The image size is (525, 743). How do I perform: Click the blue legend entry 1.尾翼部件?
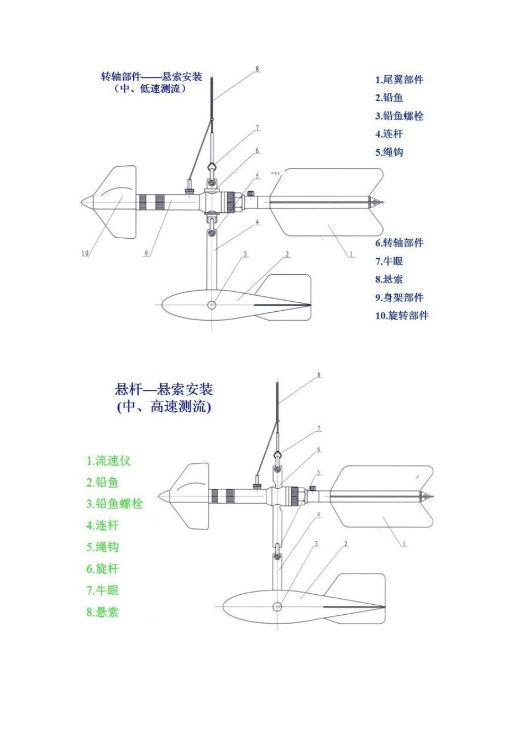[399, 80]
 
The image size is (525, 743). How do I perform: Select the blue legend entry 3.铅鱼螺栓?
[399, 116]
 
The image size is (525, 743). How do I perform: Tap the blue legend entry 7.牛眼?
[389, 261]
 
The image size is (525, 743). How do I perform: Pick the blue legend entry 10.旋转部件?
[402, 316]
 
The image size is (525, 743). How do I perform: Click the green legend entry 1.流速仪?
[108, 461]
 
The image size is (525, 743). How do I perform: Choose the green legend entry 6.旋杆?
[102, 569]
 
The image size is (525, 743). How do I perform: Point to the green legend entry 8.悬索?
[102, 612]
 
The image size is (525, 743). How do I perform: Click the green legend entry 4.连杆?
[102, 526]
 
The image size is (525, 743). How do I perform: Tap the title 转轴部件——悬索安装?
[151, 76]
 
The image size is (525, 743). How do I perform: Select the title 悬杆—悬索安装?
[164, 389]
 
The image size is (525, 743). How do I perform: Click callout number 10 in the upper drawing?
[85, 254]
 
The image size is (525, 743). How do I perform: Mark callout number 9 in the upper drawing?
[146, 254]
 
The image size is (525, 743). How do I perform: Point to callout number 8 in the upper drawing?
[257, 70]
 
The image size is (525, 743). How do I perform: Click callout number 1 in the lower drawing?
[404, 544]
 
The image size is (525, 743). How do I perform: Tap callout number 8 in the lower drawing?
[319, 375]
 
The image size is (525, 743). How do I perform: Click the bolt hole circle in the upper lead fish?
[212, 305]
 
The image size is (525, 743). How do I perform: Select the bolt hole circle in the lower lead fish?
[277, 607]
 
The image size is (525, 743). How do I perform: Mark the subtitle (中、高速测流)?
[164, 407]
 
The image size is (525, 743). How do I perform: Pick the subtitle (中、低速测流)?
[150, 89]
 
